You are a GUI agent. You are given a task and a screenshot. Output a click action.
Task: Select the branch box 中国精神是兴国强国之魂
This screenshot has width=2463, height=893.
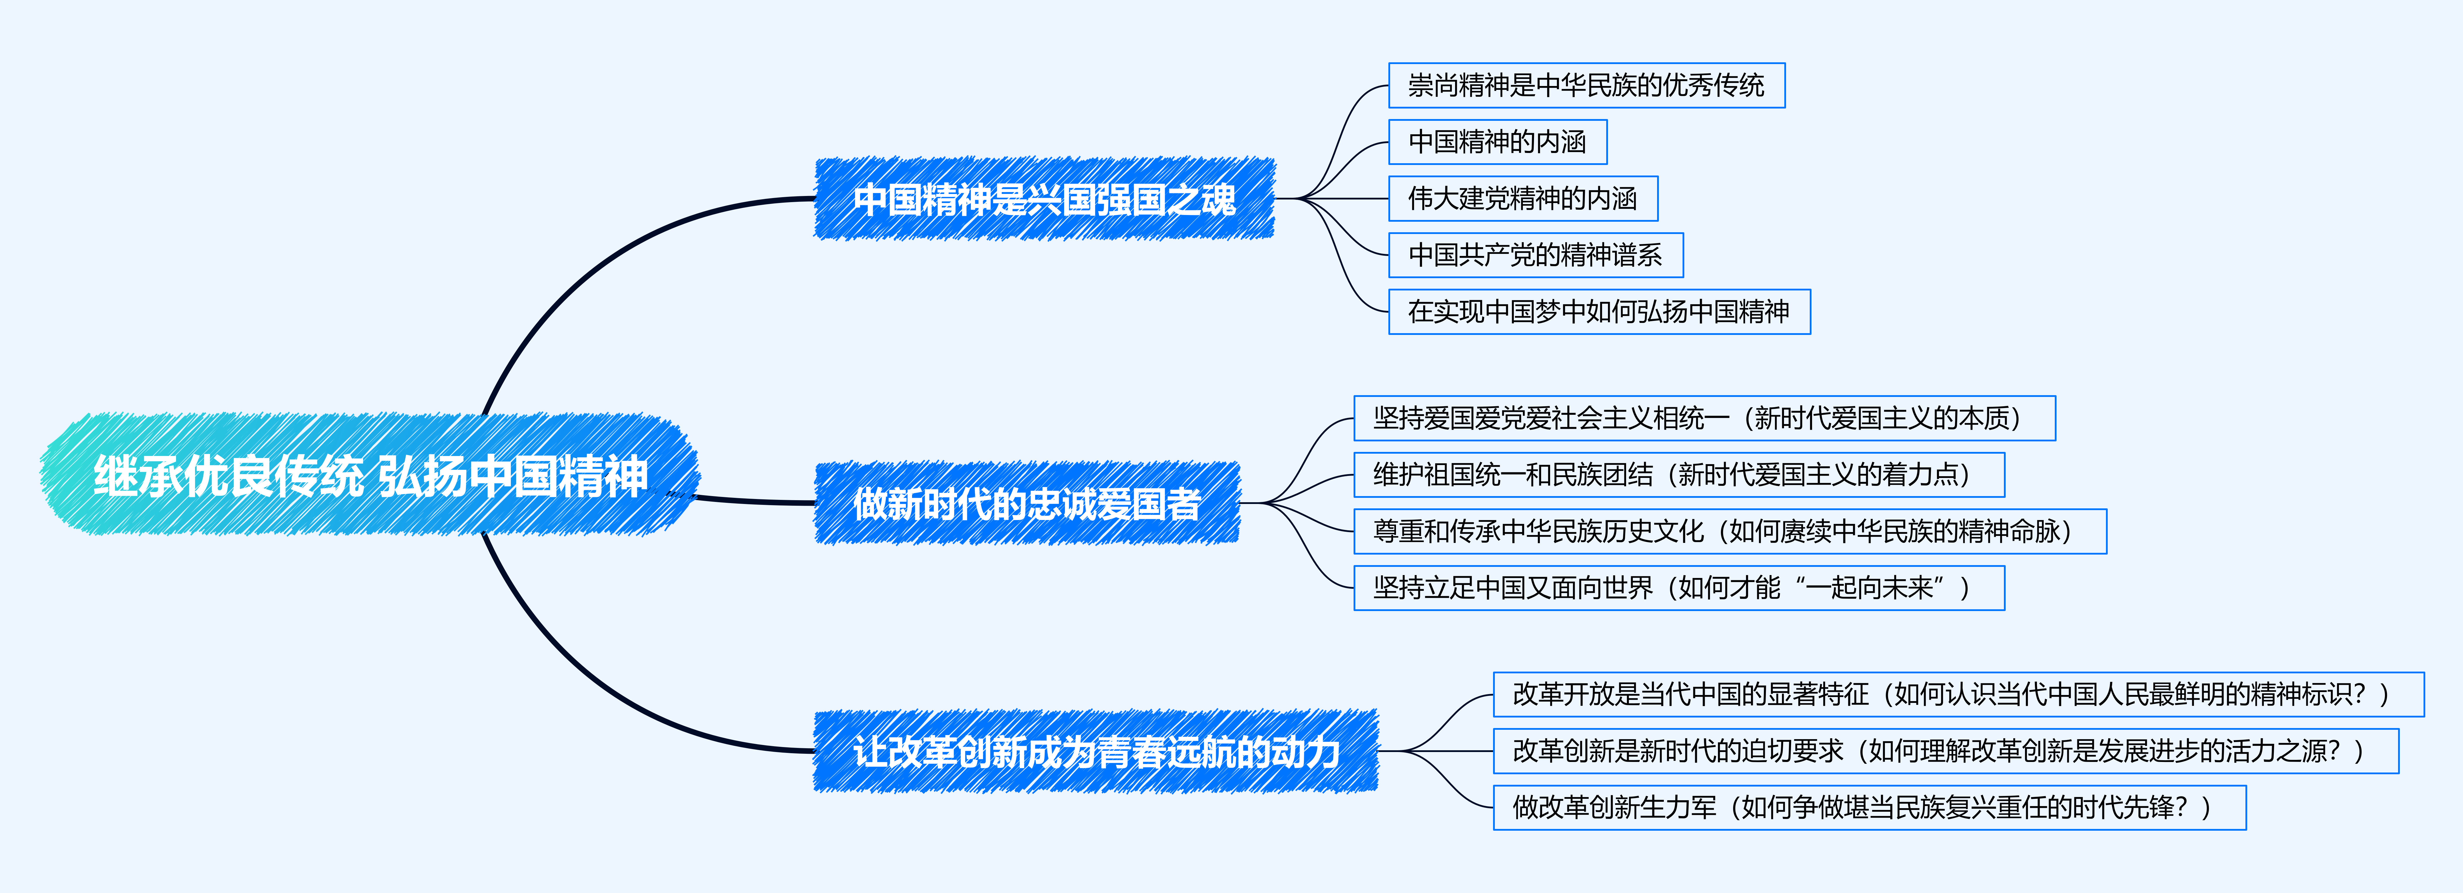(x=1044, y=199)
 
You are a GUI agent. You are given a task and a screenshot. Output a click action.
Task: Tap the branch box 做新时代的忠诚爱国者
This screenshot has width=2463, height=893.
(x=1027, y=503)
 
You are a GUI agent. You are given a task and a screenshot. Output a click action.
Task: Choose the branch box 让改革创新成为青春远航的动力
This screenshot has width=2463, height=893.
(x=1096, y=751)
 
